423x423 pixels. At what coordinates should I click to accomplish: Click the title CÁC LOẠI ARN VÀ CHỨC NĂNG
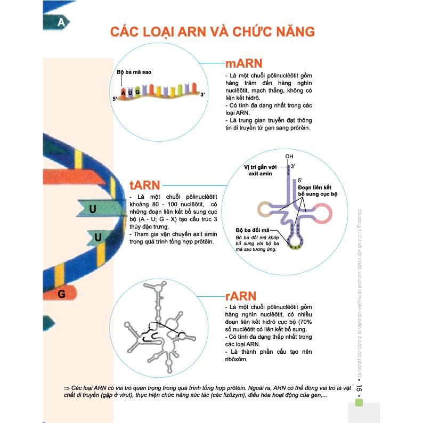[x=212, y=31]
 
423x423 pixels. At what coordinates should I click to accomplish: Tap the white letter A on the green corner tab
[x=61, y=22]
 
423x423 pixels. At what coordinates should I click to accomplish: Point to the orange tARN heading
[x=145, y=185]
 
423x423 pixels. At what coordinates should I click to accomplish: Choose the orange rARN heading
[x=241, y=296]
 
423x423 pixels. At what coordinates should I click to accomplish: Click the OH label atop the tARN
[x=289, y=157]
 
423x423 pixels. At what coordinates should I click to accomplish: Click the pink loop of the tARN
[x=324, y=214]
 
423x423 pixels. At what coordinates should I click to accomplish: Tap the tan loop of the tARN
[x=265, y=209]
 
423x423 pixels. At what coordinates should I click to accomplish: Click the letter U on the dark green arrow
[x=93, y=209]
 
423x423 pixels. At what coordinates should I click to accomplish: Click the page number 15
[x=360, y=392]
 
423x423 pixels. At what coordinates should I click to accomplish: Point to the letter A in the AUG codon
[x=123, y=93]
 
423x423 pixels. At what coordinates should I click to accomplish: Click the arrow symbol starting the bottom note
[x=67, y=386]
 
